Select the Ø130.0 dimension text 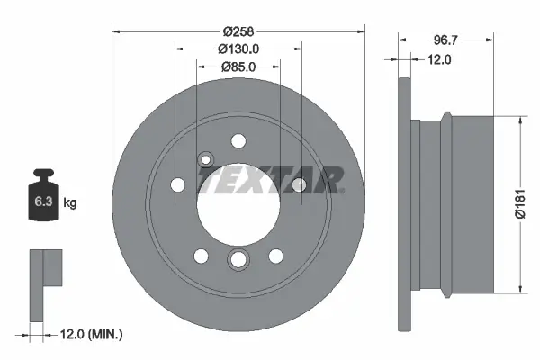pyautogui.click(x=238, y=49)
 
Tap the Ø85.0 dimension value pyautogui.click(x=238, y=67)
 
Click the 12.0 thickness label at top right pyautogui.click(x=438, y=59)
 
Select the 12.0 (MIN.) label pyautogui.click(x=89, y=335)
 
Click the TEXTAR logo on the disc pyautogui.click(x=271, y=180)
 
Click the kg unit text pyautogui.click(x=70, y=203)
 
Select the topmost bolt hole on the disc pyautogui.click(x=238, y=140)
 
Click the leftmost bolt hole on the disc pyautogui.click(x=177, y=185)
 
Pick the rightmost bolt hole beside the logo pyautogui.click(x=300, y=184)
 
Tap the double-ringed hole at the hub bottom pyautogui.click(x=238, y=260)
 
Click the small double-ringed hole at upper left pyautogui.click(x=206, y=160)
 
